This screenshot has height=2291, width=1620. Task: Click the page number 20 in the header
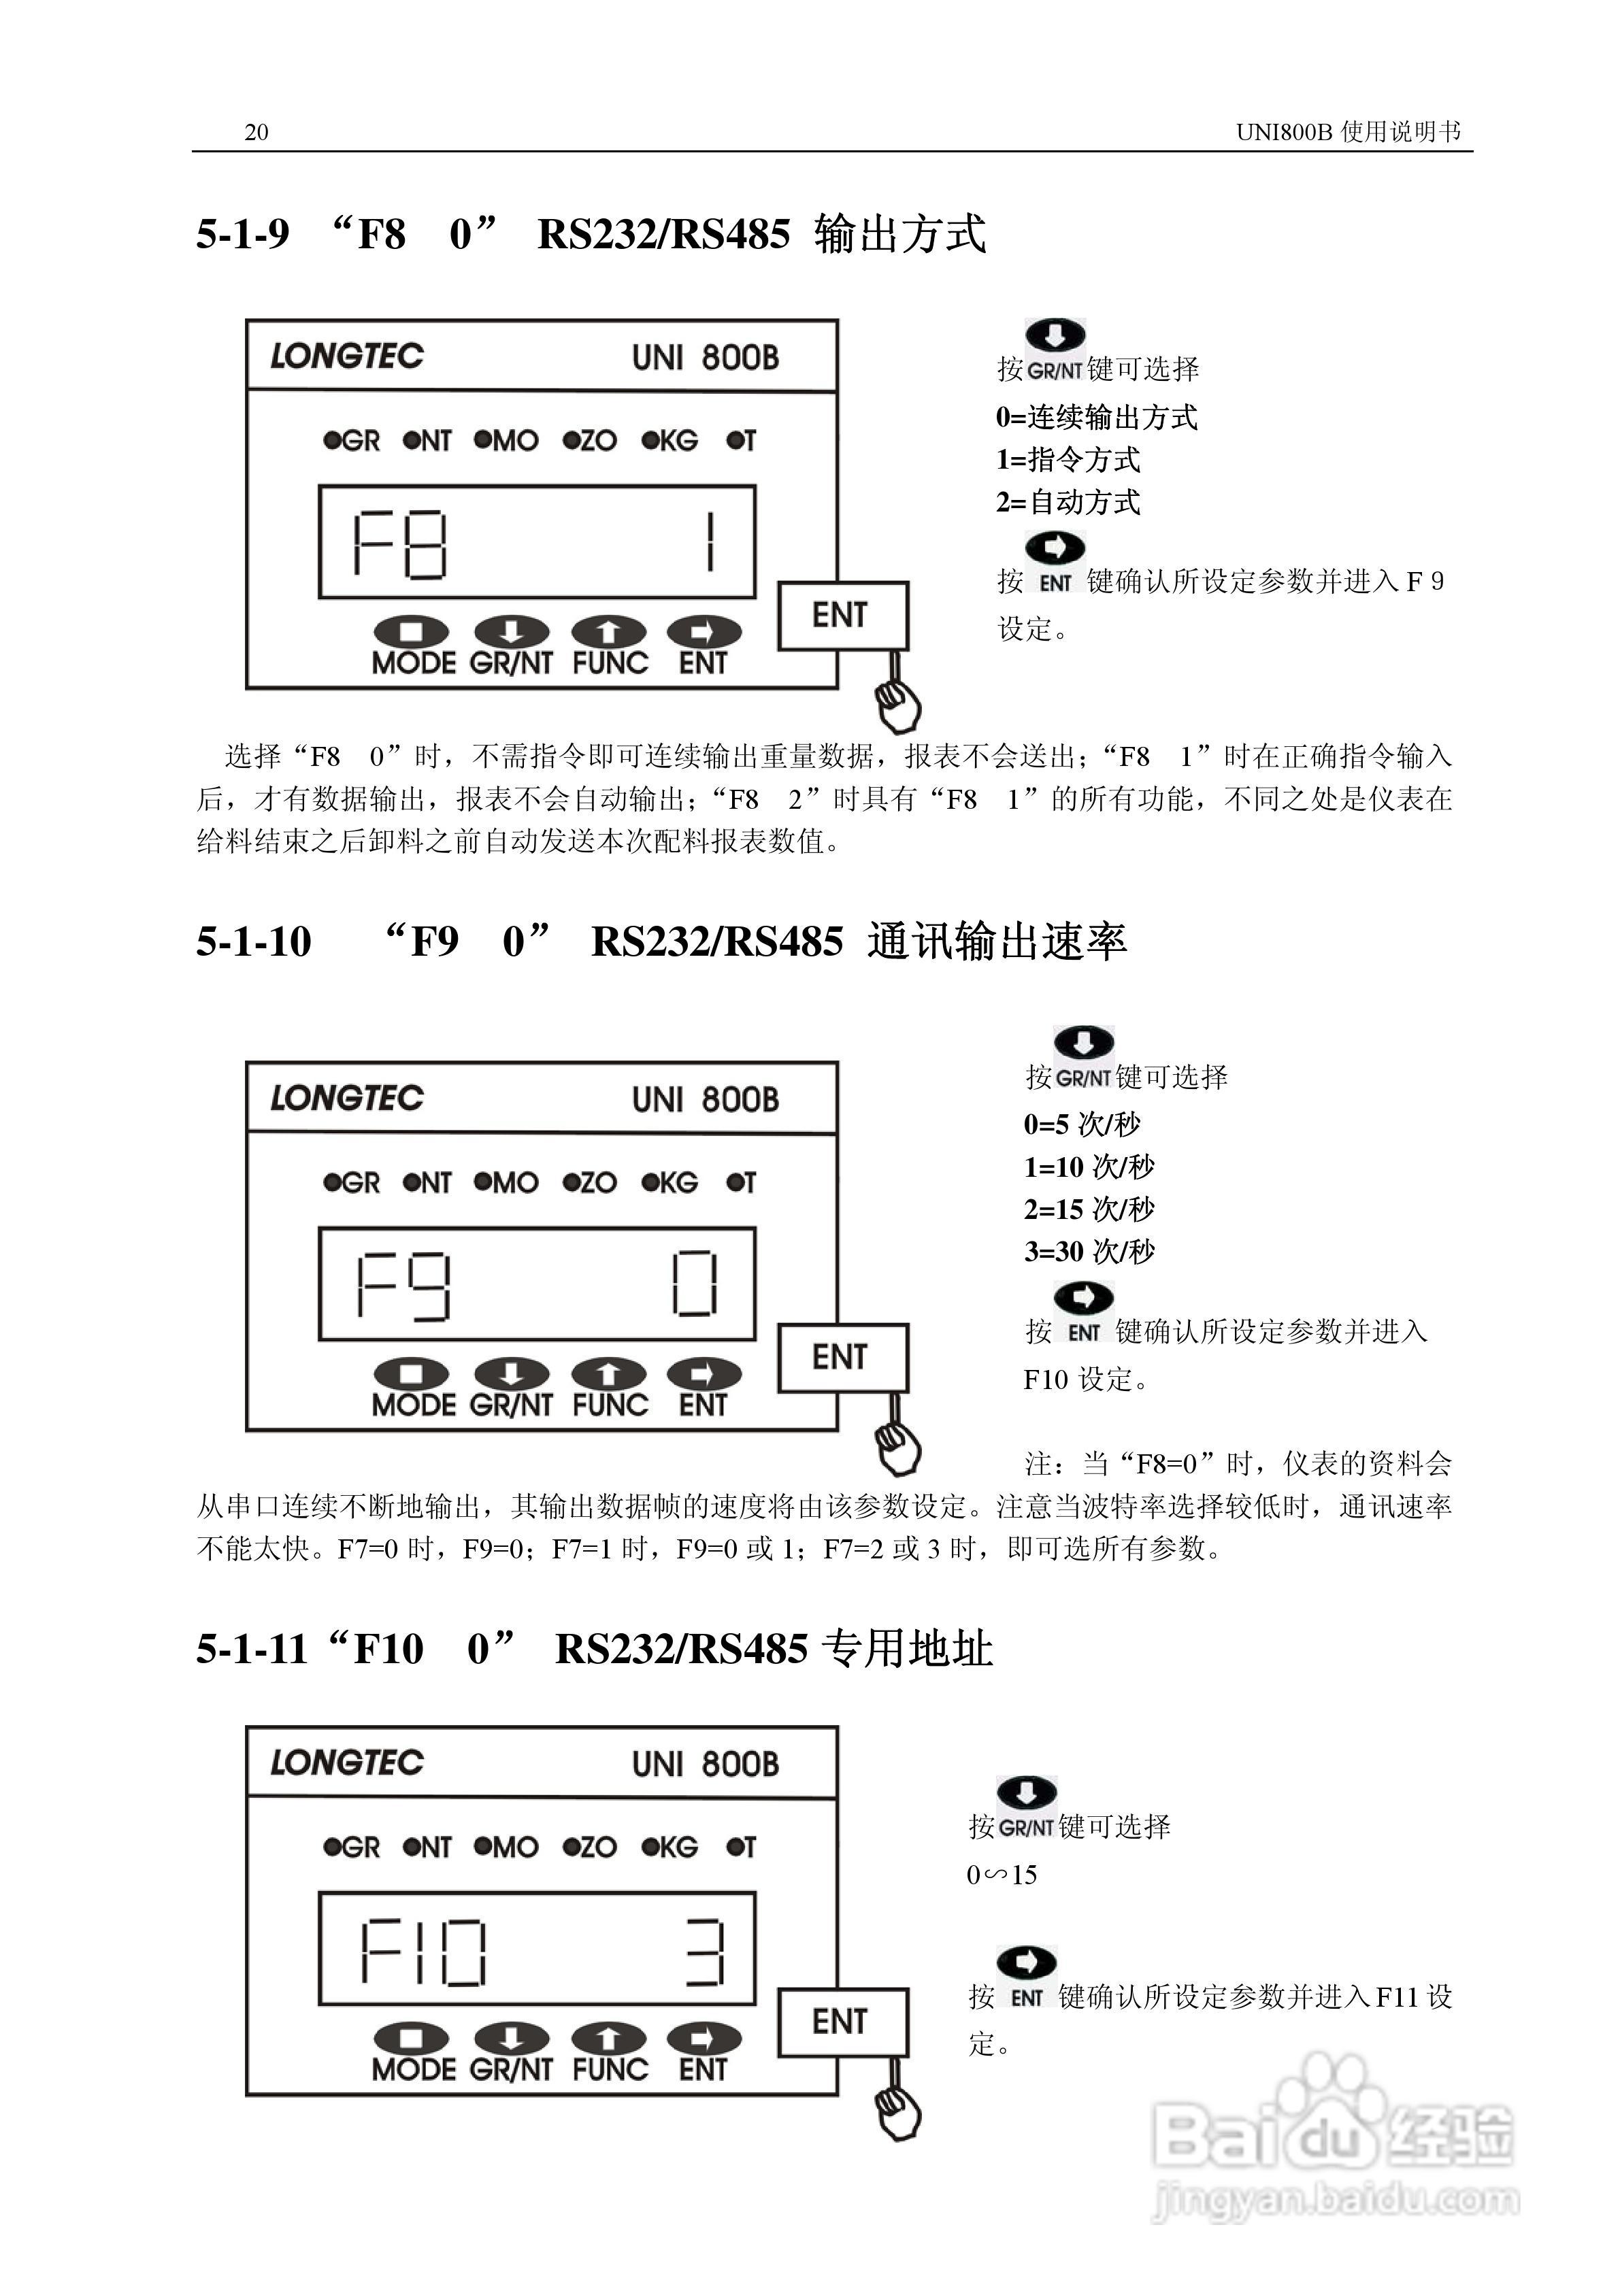tap(256, 132)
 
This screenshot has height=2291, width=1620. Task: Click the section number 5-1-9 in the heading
tap(242, 235)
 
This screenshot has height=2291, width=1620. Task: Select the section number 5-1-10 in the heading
tap(254, 942)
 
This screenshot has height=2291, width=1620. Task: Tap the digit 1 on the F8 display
tap(710, 543)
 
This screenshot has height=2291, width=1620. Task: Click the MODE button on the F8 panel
tap(411, 632)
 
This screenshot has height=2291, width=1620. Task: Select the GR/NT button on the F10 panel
tap(511, 2039)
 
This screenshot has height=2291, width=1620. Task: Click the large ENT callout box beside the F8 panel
tap(842, 615)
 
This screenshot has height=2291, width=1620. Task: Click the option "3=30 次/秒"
tap(1089, 1251)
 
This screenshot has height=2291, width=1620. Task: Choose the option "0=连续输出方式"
tap(1096, 417)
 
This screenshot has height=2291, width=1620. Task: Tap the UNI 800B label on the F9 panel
tap(705, 1100)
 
